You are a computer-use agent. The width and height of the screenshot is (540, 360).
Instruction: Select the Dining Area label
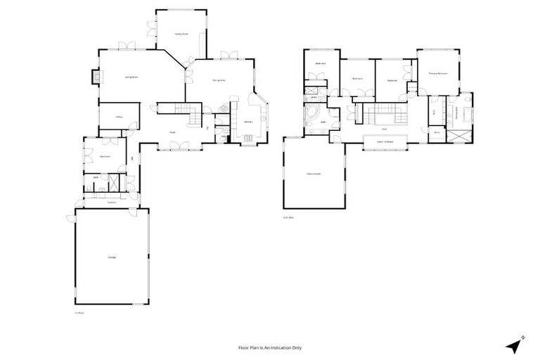click(x=219, y=80)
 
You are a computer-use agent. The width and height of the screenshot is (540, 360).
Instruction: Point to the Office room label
click(x=110, y=117)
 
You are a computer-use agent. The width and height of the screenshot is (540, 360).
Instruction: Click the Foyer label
click(x=172, y=132)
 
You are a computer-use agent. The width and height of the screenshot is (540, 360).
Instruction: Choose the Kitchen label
click(x=248, y=122)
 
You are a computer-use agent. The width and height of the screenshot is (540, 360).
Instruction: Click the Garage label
click(x=112, y=257)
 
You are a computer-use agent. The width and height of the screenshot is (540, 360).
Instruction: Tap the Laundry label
click(x=111, y=202)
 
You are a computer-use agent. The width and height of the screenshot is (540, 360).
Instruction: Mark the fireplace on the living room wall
click(x=94, y=77)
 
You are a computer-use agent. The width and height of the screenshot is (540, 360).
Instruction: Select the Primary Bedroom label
click(x=438, y=73)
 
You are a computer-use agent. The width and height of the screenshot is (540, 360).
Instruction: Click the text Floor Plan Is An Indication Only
click(x=269, y=347)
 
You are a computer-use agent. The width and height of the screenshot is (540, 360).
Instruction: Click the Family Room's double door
click(x=151, y=28)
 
